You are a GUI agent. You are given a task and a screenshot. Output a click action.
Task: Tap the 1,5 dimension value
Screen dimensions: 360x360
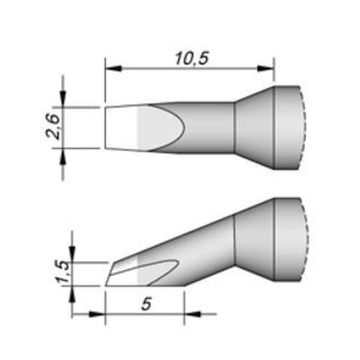click(63, 273)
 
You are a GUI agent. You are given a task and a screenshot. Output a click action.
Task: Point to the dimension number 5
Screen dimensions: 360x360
click(145, 305)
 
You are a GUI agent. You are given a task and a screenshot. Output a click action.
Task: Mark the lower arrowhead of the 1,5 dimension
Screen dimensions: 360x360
click(72, 294)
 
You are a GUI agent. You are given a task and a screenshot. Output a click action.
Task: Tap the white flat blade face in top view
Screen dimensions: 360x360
click(121, 127)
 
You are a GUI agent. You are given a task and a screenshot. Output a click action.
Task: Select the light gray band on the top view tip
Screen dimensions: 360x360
click(144, 127)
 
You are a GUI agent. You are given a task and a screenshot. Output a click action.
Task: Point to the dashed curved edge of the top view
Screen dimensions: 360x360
click(305, 128)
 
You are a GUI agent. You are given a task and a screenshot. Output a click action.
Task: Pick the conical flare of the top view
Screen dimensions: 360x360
click(254, 128)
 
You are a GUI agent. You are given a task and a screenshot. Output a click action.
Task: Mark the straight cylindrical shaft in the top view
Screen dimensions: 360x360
click(209, 128)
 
